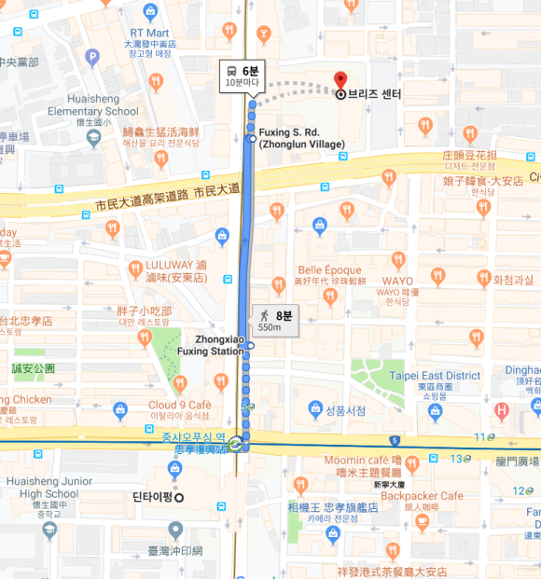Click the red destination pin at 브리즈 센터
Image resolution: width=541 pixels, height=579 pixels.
tap(340, 80)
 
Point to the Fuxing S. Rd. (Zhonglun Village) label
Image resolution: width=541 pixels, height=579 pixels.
tap(301, 138)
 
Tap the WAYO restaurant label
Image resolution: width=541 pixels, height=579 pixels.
tap(396, 281)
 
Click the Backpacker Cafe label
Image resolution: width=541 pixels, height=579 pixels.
tap(422, 496)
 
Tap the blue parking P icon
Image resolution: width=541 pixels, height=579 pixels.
tap(91, 58)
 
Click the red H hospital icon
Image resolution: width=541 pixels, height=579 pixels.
tap(502, 409)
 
